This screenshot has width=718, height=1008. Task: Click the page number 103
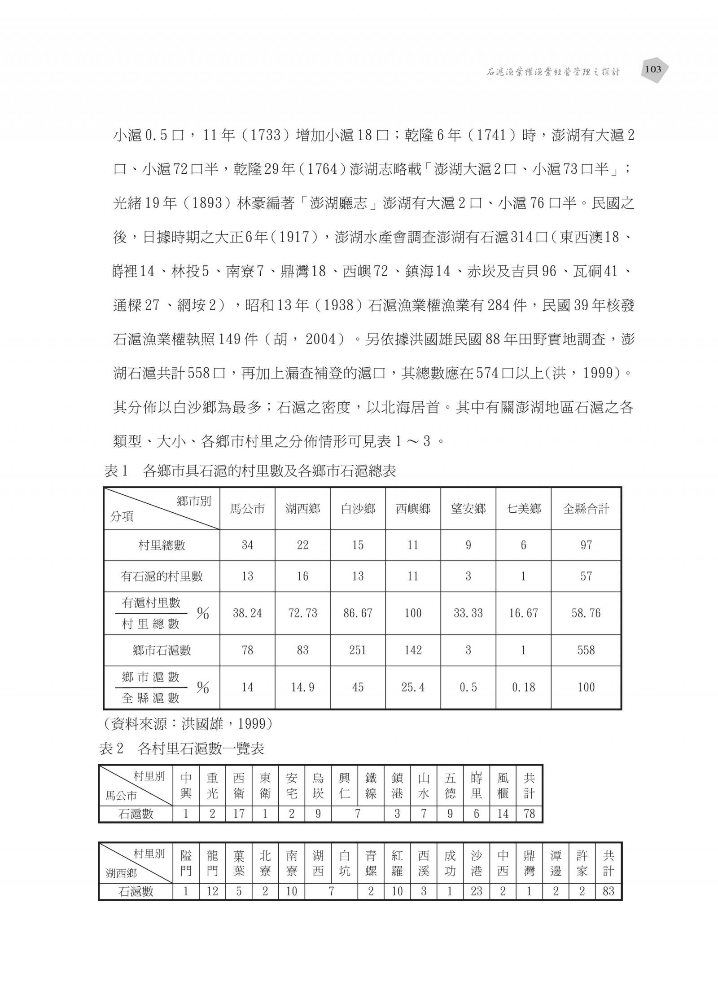pos(652,69)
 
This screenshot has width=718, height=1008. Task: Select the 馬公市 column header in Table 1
pos(247,509)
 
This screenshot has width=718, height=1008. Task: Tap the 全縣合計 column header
pos(586,509)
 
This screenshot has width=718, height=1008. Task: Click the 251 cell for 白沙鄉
pos(358,650)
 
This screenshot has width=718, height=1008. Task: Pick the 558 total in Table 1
pos(586,650)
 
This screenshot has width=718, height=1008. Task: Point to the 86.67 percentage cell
pos(358,613)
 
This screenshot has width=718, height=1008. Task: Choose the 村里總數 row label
pos(162,545)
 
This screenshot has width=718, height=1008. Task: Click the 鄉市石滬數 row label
pos(162,650)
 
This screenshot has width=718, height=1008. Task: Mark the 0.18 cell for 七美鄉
pos(523,687)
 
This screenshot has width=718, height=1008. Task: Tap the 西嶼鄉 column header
pos(413,509)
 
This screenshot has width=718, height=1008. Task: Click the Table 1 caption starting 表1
pos(250,471)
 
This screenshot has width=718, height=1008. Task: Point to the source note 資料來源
pos(188,723)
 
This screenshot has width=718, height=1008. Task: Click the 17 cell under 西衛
pos(239,814)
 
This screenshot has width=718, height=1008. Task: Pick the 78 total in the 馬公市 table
pos(529,814)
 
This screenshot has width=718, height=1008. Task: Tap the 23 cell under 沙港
pos(476,891)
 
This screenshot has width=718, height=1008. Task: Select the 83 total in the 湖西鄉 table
pos(608,891)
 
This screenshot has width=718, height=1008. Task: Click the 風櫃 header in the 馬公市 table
pos(503,786)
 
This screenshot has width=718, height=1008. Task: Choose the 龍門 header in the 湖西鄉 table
pos(212,863)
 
